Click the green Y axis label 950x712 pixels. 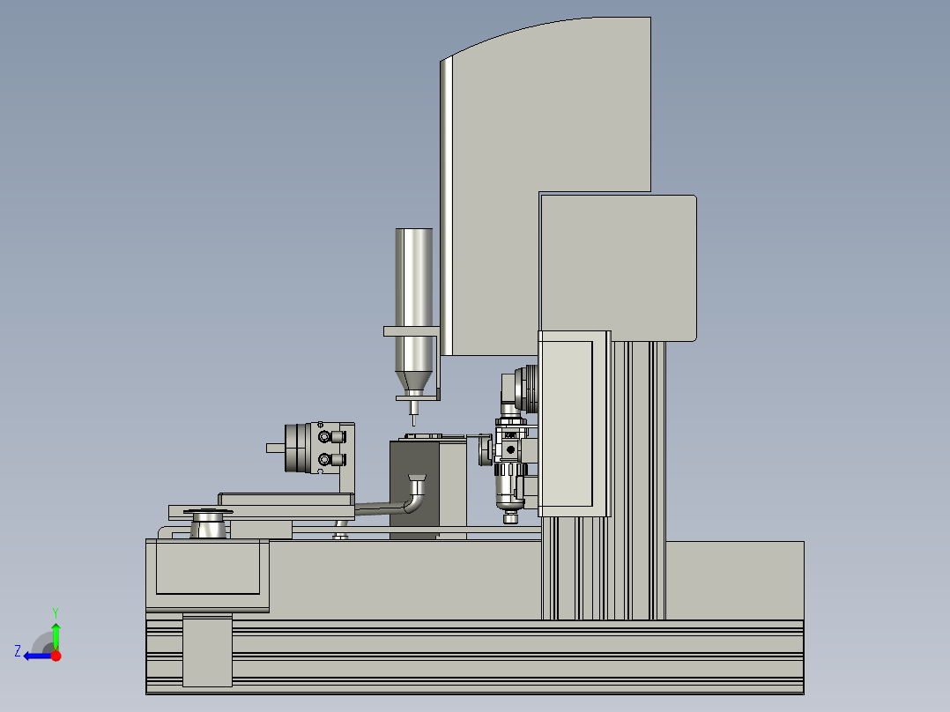point(56,612)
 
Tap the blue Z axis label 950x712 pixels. point(18,651)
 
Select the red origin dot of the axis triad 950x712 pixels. point(56,656)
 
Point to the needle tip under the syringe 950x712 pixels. point(414,426)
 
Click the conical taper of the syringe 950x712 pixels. point(414,382)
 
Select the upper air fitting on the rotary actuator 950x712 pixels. point(330,437)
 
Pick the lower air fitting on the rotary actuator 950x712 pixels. point(330,460)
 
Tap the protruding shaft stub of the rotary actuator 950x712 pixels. point(276,449)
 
